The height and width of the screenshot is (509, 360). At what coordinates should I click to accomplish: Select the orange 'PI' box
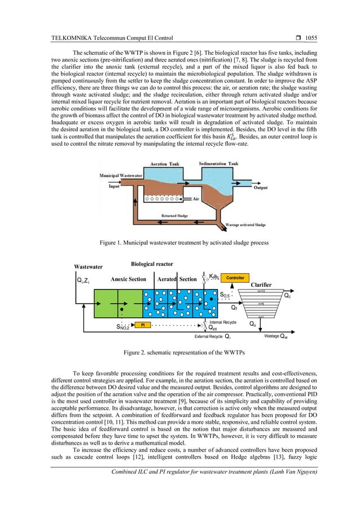tap(143, 325)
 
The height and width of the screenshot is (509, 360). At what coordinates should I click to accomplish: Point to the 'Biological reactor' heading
tap(152, 264)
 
